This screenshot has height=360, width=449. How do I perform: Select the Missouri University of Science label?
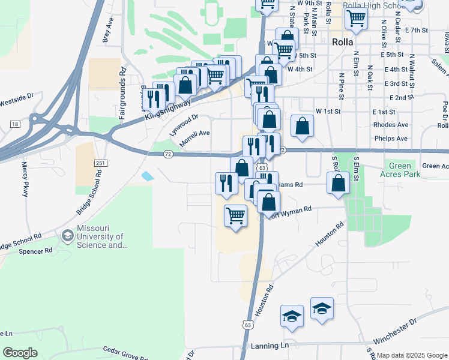[101, 237]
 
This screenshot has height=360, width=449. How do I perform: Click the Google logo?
[20, 353]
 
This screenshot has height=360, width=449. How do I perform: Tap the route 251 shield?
[100, 163]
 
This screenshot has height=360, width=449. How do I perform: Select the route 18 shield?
[15, 124]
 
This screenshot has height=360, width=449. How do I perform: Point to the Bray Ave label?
[108, 31]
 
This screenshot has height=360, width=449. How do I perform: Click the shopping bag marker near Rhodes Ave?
[302, 126]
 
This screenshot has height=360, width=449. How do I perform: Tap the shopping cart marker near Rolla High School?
[357, 19]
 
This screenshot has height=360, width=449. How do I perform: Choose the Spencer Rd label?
[36, 251]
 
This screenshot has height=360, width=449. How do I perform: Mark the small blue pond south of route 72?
[147, 176]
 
